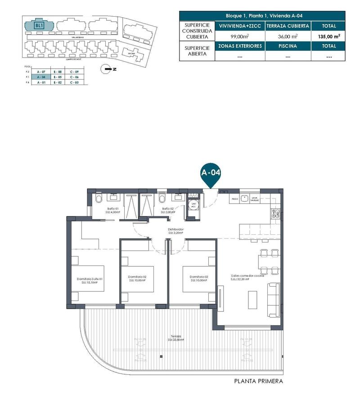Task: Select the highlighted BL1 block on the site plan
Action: (x=39, y=26)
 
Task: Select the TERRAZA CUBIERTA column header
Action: (x=288, y=26)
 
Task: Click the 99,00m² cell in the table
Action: (x=240, y=36)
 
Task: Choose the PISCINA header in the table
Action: (x=288, y=46)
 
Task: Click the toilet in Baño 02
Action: (x=162, y=198)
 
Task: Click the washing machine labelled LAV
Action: (x=194, y=206)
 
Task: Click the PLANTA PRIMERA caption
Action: (x=258, y=381)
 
